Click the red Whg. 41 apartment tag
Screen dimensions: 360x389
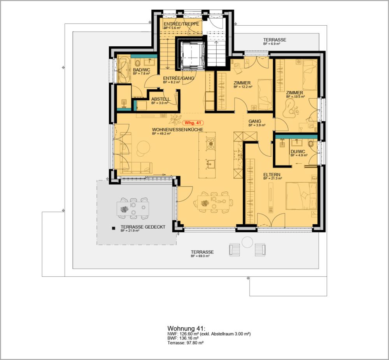[x=193, y=122]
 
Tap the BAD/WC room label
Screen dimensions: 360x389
[x=139, y=70]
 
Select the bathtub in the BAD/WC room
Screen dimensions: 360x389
[x=124, y=70]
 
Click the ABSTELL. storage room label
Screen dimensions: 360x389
[x=160, y=99]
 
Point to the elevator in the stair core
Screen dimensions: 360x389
[x=190, y=55]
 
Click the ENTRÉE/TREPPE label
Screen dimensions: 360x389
[x=181, y=24]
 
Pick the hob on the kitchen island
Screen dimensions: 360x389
[x=210, y=143]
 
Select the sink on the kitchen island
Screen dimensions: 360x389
[x=210, y=163]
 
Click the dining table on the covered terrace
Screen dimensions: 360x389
[x=133, y=207]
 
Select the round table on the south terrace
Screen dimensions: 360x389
[x=247, y=242]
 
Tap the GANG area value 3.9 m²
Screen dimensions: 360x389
[x=257, y=125]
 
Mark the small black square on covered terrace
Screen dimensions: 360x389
[x=114, y=229]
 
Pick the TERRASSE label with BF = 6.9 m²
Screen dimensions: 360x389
[x=275, y=40]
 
